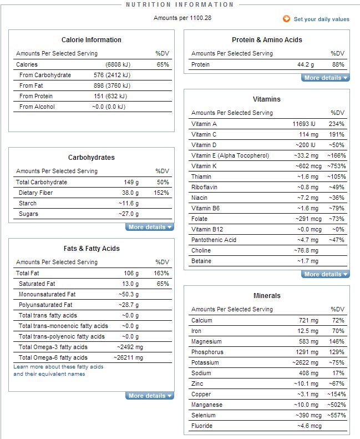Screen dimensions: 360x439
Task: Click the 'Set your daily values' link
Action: [321, 19]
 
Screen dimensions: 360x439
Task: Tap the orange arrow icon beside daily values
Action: [286, 19]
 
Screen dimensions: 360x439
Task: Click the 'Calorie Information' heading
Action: [92, 40]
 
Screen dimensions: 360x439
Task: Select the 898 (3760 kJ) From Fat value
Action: [112, 85]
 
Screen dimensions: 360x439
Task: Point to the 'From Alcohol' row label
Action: [37, 107]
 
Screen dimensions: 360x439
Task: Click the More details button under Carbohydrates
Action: [150, 227]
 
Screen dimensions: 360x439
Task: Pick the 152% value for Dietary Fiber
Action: [161, 193]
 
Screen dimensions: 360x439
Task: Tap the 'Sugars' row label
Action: [28, 214]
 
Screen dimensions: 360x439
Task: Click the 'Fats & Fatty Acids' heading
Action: [92, 249]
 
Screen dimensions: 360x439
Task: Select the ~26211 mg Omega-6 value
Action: [128, 357]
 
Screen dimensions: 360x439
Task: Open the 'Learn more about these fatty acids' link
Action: [58, 367]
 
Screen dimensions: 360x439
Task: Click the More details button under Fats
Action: [150, 396]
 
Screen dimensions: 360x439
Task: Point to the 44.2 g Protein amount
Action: [306, 64]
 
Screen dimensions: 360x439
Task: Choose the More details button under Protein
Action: [325, 78]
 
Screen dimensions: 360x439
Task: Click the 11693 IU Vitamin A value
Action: [304, 124]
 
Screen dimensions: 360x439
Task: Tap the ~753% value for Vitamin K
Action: [337, 166]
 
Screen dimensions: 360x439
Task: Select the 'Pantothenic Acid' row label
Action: [214, 240]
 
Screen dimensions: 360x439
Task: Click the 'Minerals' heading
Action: [267, 296]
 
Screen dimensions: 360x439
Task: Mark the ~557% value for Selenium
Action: [337, 415]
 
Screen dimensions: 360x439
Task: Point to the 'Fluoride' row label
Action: [202, 426]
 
